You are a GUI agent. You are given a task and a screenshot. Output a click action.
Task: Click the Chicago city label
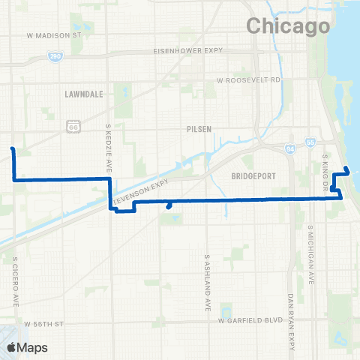click(288, 26)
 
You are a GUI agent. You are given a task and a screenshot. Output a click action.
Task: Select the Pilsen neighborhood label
click(199, 128)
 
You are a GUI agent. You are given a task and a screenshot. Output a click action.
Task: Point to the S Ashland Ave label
click(206, 281)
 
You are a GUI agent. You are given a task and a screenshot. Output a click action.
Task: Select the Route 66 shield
click(73, 127)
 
